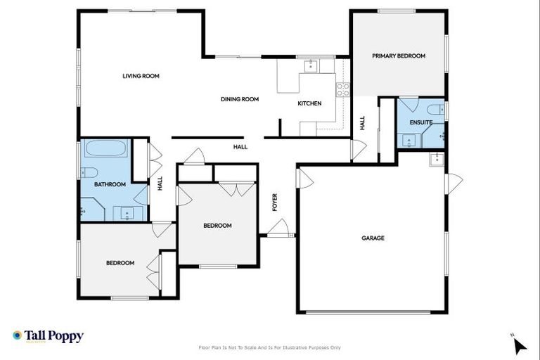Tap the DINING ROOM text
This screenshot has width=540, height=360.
(x=240, y=99)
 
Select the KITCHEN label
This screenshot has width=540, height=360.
(x=309, y=103)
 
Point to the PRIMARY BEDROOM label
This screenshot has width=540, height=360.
(x=399, y=56)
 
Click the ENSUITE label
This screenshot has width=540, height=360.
(x=420, y=122)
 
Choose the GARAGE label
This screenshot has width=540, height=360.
(x=373, y=238)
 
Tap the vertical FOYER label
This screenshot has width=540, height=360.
(x=275, y=202)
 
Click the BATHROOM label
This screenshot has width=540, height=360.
(x=110, y=184)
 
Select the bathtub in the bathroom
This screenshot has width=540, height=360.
(x=106, y=149)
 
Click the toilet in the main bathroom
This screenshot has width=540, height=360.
(x=90, y=173)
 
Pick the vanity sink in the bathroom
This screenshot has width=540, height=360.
(x=127, y=212)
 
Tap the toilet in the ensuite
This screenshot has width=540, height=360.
(x=436, y=109)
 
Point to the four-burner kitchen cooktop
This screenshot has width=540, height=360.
(x=343, y=89)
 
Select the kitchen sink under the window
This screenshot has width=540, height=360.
(x=310, y=66)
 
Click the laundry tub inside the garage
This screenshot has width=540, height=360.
(x=437, y=157)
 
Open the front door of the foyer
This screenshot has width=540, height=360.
(x=279, y=229)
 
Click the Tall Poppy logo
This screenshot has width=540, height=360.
(x=48, y=336)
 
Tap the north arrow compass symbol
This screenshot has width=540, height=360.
(x=519, y=345)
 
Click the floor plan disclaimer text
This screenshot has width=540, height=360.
(x=270, y=347)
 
